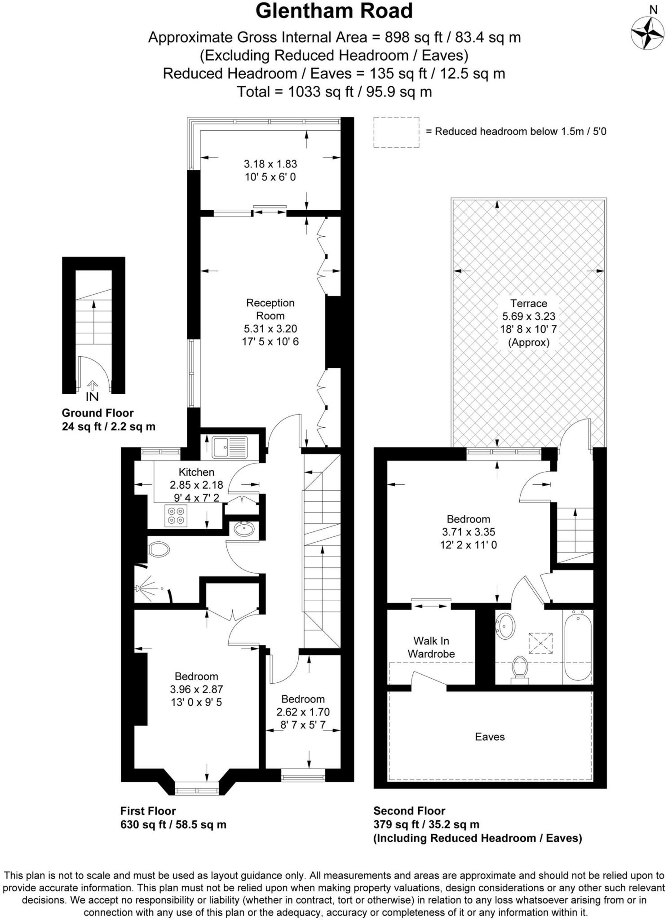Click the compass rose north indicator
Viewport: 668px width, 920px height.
tap(647, 32)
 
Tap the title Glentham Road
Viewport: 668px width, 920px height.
tap(334, 11)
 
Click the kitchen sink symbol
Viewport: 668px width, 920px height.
tap(230, 447)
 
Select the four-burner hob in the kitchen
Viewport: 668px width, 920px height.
tap(176, 516)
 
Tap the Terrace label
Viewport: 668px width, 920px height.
tap(528, 303)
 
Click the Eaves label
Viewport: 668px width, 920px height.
tap(490, 737)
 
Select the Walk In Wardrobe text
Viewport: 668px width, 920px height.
tap(431, 647)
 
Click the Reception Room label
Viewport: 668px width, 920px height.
tap(270, 309)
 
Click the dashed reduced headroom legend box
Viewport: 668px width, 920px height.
tap(396, 132)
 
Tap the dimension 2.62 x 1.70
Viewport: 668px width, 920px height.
tap(303, 712)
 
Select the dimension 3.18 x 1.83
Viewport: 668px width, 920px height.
tap(270, 164)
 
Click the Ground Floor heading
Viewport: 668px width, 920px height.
tap(97, 413)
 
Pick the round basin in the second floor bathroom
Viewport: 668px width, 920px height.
tap(506, 626)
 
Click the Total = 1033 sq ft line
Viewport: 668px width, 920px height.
tap(334, 92)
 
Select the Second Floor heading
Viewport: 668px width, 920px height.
tap(409, 811)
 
